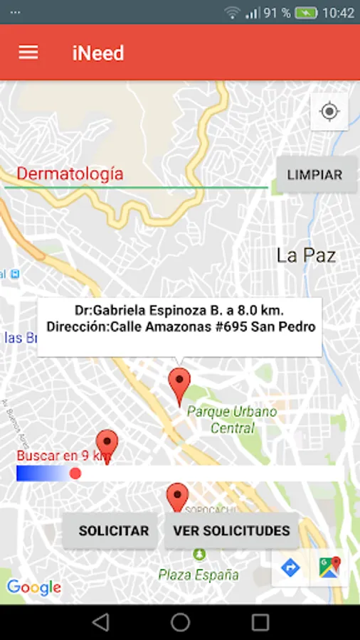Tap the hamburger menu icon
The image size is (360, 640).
coord(28,53)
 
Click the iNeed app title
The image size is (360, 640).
coord(98,53)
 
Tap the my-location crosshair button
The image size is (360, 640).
coord(329,112)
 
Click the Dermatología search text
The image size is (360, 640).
coord(70,174)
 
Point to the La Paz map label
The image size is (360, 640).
coord(306,256)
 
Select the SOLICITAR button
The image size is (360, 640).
coord(113,530)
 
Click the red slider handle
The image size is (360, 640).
coord(75,474)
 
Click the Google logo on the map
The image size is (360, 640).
coord(33,587)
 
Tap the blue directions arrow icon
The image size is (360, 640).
coord(290,567)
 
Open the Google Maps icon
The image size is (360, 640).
coord(329,567)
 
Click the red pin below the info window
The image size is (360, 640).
coord(180,384)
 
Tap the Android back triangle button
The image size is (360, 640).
coord(100,622)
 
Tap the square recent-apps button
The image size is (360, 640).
coord(260,622)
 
